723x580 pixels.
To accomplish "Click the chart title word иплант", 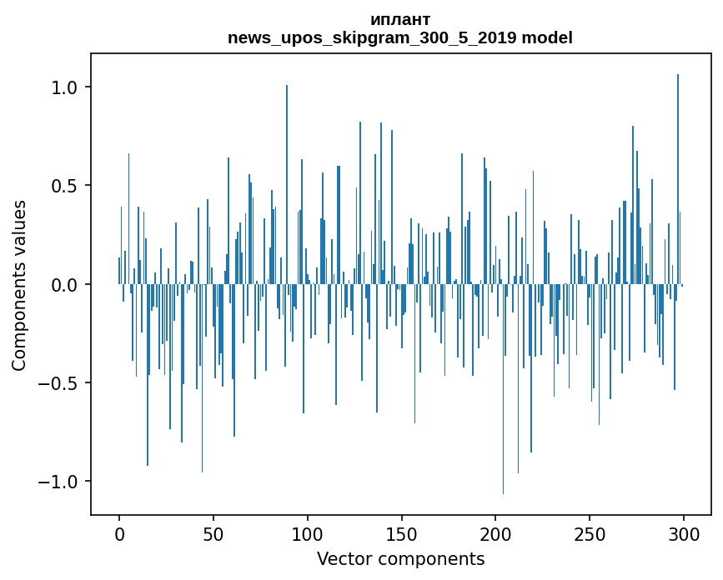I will [x=400, y=20].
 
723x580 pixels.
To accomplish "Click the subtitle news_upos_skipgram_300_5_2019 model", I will [x=400, y=38].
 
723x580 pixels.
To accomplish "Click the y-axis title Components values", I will [x=19, y=285].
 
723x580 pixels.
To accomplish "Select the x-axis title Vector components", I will [x=400, y=559].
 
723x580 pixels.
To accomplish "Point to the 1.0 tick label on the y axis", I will [x=64, y=87].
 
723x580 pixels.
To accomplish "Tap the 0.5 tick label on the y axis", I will [x=64, y=186].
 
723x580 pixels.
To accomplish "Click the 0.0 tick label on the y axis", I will [x=64, y=285].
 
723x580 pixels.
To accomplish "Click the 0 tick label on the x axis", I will [x=119, y=533].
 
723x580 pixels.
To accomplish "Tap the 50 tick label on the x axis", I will [x=213, y=533].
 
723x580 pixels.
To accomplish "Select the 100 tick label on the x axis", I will [x=308, y=533].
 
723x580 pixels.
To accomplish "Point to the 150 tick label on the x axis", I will [x=401, y=533].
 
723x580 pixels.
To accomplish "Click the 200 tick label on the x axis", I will [x=495, y=533].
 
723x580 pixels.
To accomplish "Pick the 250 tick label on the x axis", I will [x=590, y=533].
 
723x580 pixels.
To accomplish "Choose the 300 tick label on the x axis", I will [x=684, y=533].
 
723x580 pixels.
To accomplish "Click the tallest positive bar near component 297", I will [x=678, y=167].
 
